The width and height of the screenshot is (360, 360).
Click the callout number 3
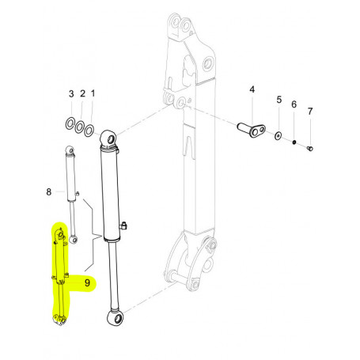70,95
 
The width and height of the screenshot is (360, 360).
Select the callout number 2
81,95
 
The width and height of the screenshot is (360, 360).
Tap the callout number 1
93,95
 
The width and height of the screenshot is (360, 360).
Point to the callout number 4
252,90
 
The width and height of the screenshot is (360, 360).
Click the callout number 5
279,100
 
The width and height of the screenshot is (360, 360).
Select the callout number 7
309,111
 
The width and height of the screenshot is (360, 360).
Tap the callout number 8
49,191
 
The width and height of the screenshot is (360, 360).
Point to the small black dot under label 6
294,142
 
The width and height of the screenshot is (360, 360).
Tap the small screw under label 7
310,147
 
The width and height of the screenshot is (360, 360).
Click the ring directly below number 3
70,122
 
